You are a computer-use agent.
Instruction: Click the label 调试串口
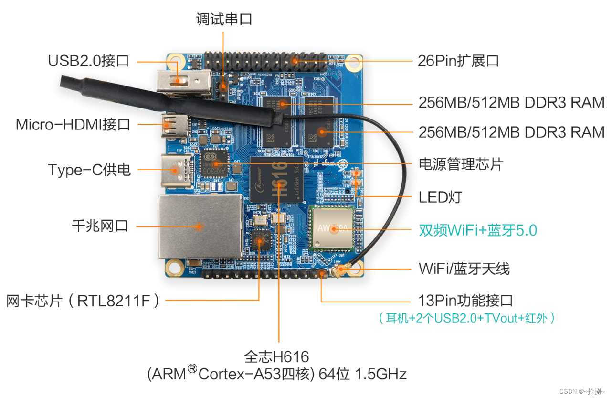(224, 19)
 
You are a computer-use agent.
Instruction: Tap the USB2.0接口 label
(88, 61)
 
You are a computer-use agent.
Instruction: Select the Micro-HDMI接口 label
(73, 125)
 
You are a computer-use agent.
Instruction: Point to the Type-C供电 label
(89, 169)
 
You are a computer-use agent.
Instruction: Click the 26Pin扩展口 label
(458, 61)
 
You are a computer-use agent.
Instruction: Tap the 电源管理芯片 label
(461, 164)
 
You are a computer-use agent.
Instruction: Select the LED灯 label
(440, 196)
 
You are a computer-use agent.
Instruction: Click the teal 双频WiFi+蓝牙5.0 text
(478, 230)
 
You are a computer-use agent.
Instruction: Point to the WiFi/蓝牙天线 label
(464, 269)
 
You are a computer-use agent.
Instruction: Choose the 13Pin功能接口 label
(465, 301)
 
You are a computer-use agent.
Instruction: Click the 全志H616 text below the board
(276, 356)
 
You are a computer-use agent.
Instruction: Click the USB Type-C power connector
(177, 168)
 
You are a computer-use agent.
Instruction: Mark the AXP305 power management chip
(213, 164)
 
